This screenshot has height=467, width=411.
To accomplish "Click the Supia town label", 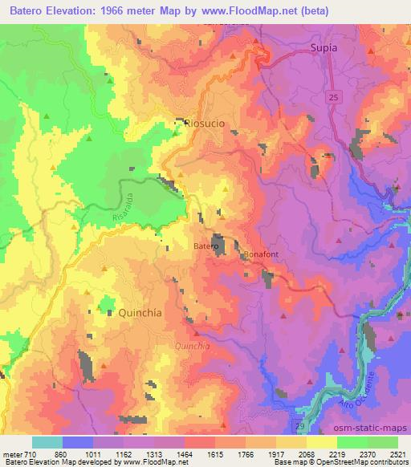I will pos(323,48).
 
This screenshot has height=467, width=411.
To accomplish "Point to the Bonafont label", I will pos(261,255).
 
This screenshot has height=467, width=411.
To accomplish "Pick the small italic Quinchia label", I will pos(193,346).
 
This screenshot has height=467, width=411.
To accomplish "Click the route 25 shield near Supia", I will pos(332,95).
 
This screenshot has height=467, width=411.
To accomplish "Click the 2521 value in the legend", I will pos(397,454).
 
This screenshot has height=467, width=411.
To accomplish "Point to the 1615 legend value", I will pos(214,454).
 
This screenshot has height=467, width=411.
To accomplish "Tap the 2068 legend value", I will pos(306,454).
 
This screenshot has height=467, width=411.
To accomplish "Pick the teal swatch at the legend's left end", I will pos(47,442).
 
